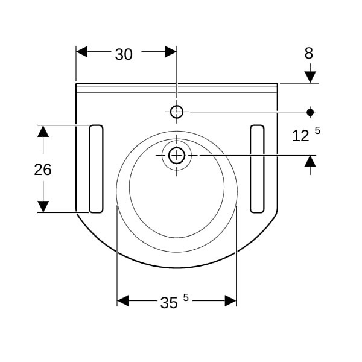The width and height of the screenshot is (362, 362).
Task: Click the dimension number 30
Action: tap(124, 54)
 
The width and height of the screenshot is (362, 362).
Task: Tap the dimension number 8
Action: tap(309, 53)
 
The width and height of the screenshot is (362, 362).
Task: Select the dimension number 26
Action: tap(43, 170)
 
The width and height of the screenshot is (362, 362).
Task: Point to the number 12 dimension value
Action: tap(300, 136)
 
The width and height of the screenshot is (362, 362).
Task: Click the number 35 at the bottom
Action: tap(169, 303)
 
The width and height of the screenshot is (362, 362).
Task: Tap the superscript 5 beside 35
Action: tap(186, 298)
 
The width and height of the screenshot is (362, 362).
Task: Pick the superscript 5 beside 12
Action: tap(317, 131)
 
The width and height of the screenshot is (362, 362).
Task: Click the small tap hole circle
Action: tap(177, 112)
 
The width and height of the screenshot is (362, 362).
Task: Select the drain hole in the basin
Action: tap(177, 156)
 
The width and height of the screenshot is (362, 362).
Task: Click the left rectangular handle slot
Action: tap(96, 169)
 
